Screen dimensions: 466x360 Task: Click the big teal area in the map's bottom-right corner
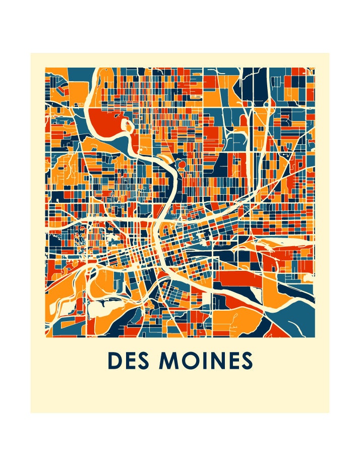295,318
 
